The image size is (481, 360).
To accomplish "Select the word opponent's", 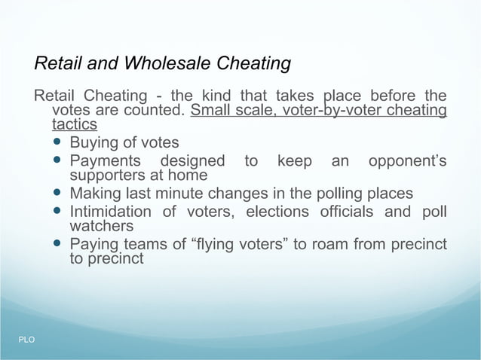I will pyautogui.click(x=407, y=161).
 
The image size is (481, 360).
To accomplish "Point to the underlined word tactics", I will pyautogui.click(x=74, y=124).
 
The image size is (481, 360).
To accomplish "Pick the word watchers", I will pyautogui.click(x=101, y=225).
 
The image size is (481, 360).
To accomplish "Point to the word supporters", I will pyautogui.click(x=106, y=175).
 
